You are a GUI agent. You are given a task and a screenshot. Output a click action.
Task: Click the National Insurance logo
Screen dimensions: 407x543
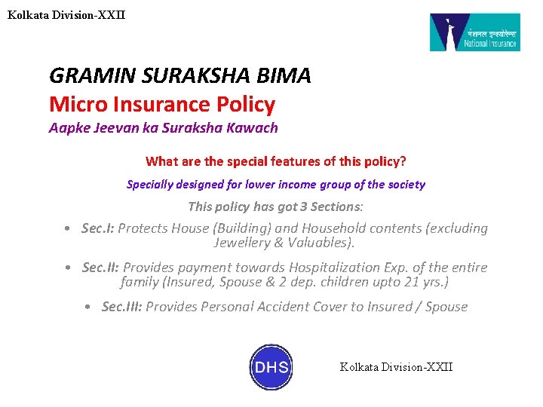(x=474, y=32)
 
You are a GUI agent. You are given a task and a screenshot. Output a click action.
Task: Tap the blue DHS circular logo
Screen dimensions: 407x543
(x=271, y=367)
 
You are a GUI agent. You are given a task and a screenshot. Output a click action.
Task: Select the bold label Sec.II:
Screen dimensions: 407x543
(x=100, y=268)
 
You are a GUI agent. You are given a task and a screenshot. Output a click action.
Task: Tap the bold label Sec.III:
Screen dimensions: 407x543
(x=121, y=307)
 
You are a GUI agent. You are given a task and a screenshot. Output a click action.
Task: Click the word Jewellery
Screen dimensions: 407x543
(x=242, y=243)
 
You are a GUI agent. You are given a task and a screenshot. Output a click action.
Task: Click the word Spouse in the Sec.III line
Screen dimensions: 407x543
(x=446, y=307)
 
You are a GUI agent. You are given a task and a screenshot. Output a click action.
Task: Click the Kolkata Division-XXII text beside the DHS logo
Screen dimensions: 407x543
(x=396, y=367)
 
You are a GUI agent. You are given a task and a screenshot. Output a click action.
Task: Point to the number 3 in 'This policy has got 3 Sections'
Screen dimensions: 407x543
(x=296, y=207)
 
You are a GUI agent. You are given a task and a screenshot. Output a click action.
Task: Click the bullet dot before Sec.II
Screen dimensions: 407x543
(x=69, y=268)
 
